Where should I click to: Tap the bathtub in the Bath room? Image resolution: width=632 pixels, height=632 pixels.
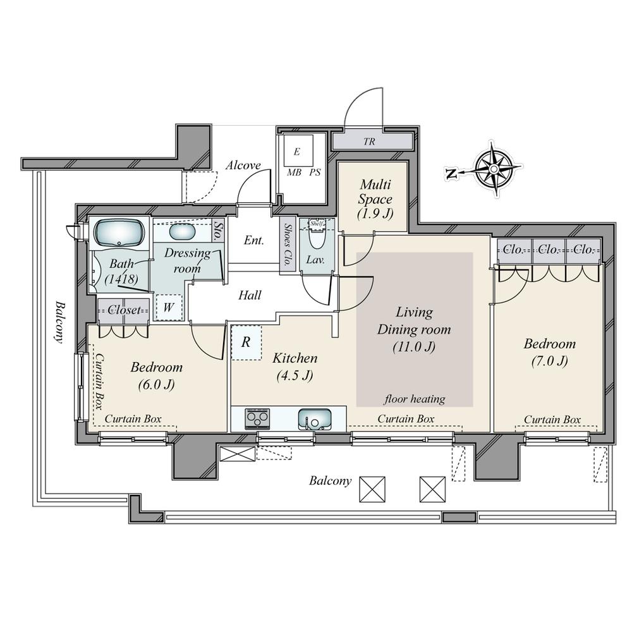coord(119,232)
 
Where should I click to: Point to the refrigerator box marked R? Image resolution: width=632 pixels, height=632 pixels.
coord(246,342)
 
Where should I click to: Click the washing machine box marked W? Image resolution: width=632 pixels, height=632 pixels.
coord(169,308)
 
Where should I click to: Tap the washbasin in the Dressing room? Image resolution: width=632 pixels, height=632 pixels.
coord(182,232)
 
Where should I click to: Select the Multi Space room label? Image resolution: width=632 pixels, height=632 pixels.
coord(375,198)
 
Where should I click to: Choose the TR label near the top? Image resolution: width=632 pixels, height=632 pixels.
coord(369,142)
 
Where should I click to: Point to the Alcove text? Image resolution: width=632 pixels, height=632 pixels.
coord(243,165)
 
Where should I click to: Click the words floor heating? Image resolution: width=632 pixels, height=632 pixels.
coord(415,399)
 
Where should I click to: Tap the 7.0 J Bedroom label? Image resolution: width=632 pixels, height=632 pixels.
coord(550,352)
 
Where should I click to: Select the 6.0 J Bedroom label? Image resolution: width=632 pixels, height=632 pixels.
coord(156,375)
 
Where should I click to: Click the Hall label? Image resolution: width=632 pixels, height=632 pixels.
coord(250,295)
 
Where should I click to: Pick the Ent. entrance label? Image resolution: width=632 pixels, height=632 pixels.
coord(254,240)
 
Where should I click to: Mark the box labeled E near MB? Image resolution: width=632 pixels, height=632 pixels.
coord(298,150)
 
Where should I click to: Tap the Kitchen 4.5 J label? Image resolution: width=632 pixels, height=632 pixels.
coord(295,367)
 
